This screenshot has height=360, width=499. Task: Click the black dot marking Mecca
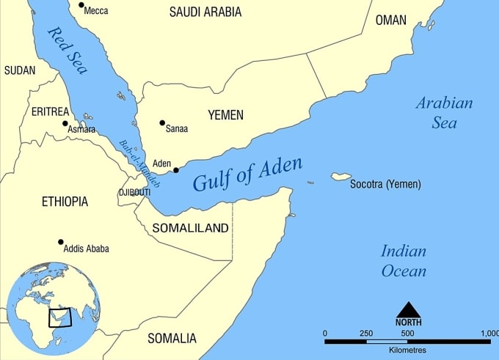[81, 5]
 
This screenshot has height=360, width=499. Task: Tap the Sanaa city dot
[162, 122]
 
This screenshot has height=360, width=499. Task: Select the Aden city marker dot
[175, 170]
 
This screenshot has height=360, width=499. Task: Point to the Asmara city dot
[65, 123]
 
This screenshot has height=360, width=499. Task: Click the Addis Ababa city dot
[61, 242]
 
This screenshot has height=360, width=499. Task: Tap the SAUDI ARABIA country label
[205, 12]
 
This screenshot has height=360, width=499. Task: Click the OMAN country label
[390, 21]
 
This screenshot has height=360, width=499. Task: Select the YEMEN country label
[225, 115]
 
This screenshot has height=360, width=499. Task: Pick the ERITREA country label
[50, 111]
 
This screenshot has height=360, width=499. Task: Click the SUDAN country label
[19, 70]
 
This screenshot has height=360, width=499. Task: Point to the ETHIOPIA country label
[65, 202]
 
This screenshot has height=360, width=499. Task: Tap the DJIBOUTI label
[134, 192]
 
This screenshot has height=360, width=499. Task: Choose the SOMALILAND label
[190, 228]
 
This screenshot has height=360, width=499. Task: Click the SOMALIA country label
[172, 338]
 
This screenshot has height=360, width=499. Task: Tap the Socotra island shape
[340, 177]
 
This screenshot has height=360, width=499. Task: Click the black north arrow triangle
[408, 309]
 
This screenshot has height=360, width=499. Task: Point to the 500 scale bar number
[407, 333]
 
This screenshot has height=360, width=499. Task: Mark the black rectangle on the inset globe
[60, 317]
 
